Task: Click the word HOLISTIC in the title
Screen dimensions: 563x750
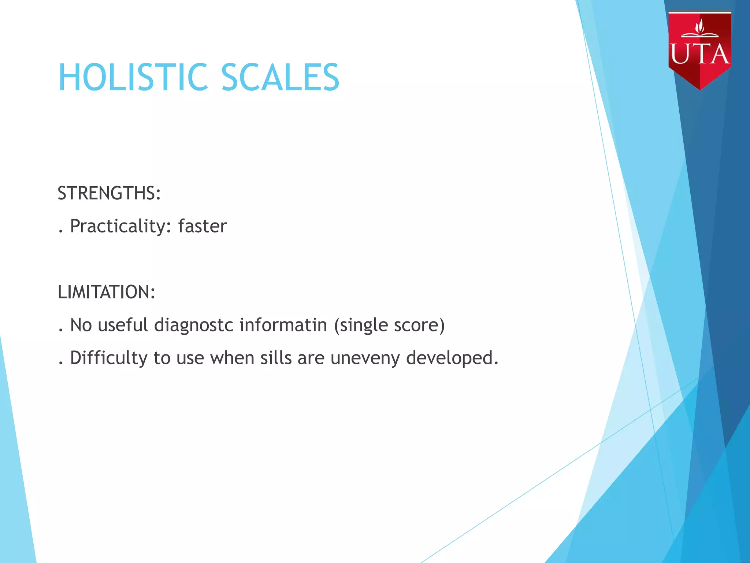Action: click(x=133, y=77)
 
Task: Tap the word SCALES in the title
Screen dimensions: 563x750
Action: click(x=280, y=77)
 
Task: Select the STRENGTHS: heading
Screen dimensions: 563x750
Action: click(x=109, y=193)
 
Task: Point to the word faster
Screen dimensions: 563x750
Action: click(x=202, y=226)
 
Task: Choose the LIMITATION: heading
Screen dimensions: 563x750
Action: click(x=107, y=292)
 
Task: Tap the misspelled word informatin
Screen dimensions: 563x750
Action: click(x=283, y=325)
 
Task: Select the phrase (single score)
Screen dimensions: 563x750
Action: click(x=389, y=325)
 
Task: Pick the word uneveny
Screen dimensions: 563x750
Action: click(x=365, y=358)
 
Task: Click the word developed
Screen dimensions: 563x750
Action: click(x=452, y=358)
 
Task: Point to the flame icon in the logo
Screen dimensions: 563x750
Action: click(x=700, y=26)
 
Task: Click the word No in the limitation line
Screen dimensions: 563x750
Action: click(x=81, y=325)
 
